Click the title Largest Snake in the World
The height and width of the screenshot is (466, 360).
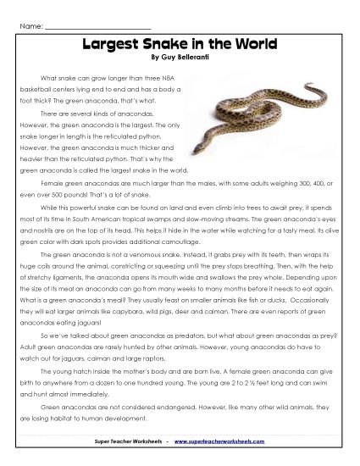[x=179, y=43]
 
